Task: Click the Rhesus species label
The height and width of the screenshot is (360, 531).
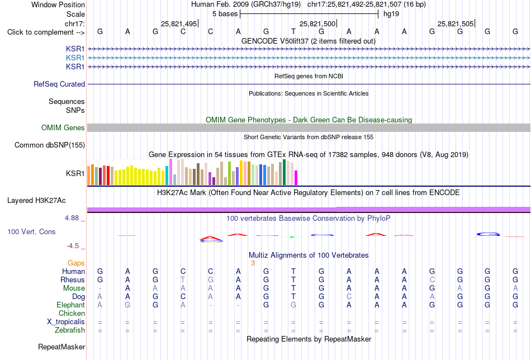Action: pos(73,280)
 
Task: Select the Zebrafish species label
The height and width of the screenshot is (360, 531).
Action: pos(70,330)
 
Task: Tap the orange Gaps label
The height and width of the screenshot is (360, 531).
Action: pos(76,263)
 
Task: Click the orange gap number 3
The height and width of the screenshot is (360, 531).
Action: pos(253,263)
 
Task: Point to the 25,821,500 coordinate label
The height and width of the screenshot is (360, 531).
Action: pos(317,23)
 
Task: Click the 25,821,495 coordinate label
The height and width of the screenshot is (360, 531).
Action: pos(179,23)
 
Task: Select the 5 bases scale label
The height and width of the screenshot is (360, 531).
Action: pos(225,14)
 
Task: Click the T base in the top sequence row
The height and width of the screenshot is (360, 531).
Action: pos(293,32)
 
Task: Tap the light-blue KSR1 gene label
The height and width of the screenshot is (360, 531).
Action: pos(75,58)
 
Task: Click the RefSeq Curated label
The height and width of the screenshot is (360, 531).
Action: pos(59,84)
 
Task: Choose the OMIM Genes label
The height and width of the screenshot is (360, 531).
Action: pos(63,127)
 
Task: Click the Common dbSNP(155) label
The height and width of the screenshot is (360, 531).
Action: pos(50,145)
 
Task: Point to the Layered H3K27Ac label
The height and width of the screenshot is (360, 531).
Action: pos(36,201)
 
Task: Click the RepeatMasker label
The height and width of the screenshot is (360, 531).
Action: pos(61,347)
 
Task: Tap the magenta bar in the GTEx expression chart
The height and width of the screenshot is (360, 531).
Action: pos(296,178)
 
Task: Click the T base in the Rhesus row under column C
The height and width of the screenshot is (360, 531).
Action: pos(183,280)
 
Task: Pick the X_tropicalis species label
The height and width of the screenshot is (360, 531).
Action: pos(66,322)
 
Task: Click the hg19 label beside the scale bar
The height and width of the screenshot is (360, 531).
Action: pos(391,14)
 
